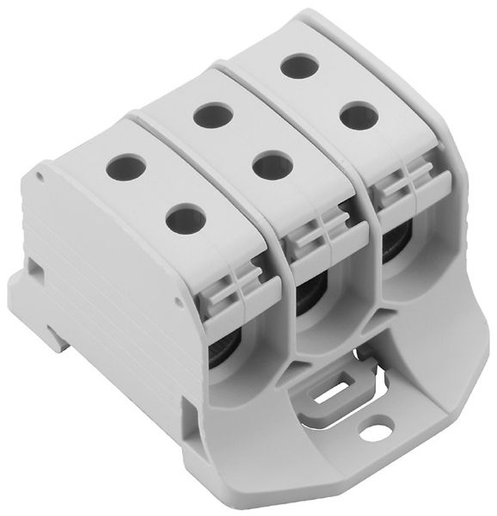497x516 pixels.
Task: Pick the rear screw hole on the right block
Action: [298, 64]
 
